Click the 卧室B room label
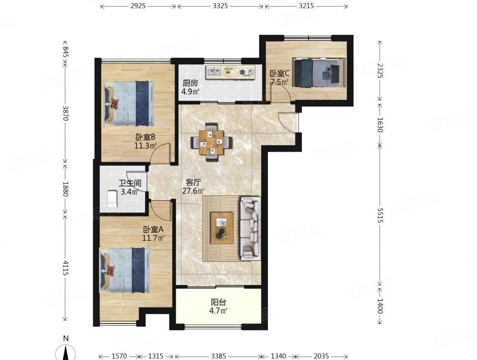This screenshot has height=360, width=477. click(x=146, y=137)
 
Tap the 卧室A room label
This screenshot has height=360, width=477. click(x=154, y=229)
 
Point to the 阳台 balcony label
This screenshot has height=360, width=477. click(x=218, y=302)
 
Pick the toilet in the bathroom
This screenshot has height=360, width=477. click(x=112, y=199)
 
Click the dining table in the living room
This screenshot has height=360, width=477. click(x=212, y=142)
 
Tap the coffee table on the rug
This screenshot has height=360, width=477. click(x=222, y=228)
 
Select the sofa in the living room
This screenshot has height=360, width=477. click(x=251, y=229)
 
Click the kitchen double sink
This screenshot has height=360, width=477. click(x=215, y=72)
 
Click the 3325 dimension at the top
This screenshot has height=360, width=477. click(x=220, y=6)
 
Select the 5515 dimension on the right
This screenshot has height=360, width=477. click(x=380, y=215)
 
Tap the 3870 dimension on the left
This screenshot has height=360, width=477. click(x=65, y=113)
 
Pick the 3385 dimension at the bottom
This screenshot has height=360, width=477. click(x=219, y=355)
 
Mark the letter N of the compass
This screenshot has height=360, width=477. click(x=65, y=338)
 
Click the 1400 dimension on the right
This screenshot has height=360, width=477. click(x=380, y=306)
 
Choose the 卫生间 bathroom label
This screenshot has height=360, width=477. click(x=130, y=184)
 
